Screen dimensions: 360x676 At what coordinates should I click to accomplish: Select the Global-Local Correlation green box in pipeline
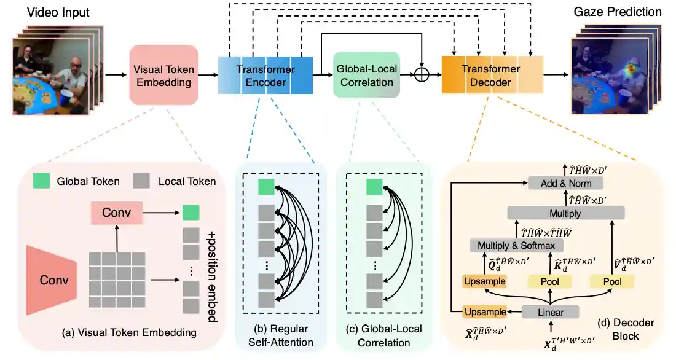[366, 75]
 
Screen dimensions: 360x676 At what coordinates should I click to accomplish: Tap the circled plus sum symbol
[421, 74]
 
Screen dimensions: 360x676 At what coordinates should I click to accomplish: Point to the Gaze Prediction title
[618, 12]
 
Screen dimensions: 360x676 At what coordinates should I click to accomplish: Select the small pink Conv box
[116, 212]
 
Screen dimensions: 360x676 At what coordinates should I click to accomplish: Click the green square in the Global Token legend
[42, 181]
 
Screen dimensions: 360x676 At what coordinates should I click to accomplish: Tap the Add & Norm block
[565, 183]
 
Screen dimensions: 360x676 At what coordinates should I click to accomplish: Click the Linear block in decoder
[551, 311]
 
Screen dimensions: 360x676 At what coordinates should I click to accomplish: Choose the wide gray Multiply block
[566, 213]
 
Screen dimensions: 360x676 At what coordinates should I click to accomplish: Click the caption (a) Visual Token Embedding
[130, 333]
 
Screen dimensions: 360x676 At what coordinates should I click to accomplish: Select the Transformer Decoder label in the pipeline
[486, 75]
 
